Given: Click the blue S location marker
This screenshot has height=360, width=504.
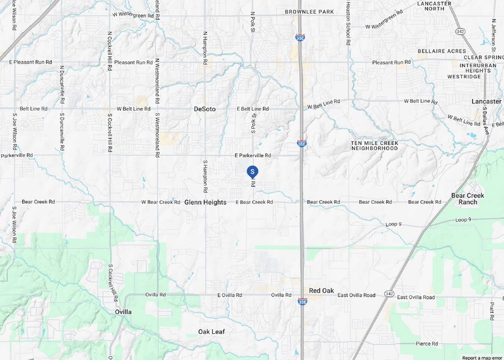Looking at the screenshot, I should [x=252, y=172].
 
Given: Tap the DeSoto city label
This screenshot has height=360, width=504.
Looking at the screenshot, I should [x=205, y=109].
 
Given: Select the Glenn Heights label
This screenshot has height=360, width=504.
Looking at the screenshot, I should [x=206, y=202].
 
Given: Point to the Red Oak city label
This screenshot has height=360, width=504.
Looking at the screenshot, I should [x=321, y=291].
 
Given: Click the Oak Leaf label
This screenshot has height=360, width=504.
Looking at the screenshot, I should [x=212, y=331].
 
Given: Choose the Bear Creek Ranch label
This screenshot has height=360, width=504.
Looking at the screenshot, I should [x=467, y=199].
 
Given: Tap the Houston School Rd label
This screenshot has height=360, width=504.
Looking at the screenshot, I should [x=347, y=23].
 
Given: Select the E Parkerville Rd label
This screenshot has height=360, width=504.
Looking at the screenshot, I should [x=253, y=156].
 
